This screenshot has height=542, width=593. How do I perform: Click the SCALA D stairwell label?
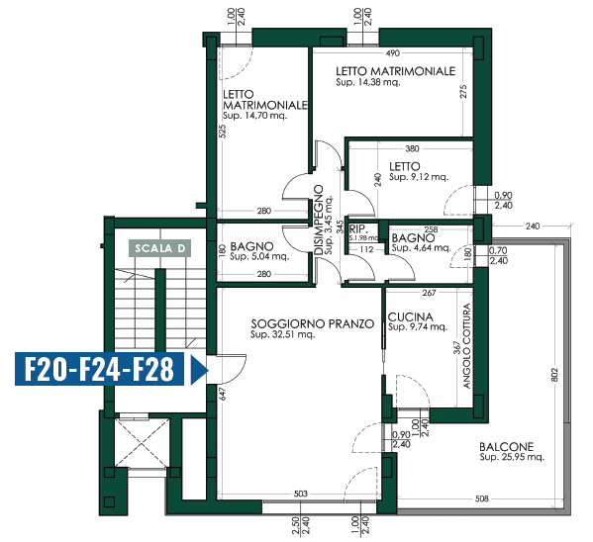click(160, 248)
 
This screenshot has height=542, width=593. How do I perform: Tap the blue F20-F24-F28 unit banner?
click(99, 369)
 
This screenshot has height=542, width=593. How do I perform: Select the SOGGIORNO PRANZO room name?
click(313, 324)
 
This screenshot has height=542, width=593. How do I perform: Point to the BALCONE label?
click(507, 447)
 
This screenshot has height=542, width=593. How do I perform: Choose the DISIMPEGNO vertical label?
click(319, 220)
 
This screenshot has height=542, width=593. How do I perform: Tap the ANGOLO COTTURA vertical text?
click(466, 346)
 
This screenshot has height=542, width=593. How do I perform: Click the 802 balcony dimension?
click(554, 375)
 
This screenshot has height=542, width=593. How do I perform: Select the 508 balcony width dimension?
click(482, 498)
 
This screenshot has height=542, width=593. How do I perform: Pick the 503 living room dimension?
click(301, 494)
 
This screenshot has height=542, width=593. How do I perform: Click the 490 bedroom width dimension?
click(393, 53)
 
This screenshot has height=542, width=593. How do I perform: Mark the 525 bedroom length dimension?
click(223, 132)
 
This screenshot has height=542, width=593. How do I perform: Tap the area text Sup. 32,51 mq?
click(282, 334)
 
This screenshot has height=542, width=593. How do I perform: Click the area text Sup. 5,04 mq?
click(259, 256)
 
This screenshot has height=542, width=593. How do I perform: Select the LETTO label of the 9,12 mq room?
click(405, 166)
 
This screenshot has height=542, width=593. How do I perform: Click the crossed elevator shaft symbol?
click(141, 443)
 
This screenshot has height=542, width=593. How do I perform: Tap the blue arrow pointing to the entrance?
click(199, 370)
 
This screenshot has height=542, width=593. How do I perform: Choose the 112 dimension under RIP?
click(366, 249)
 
